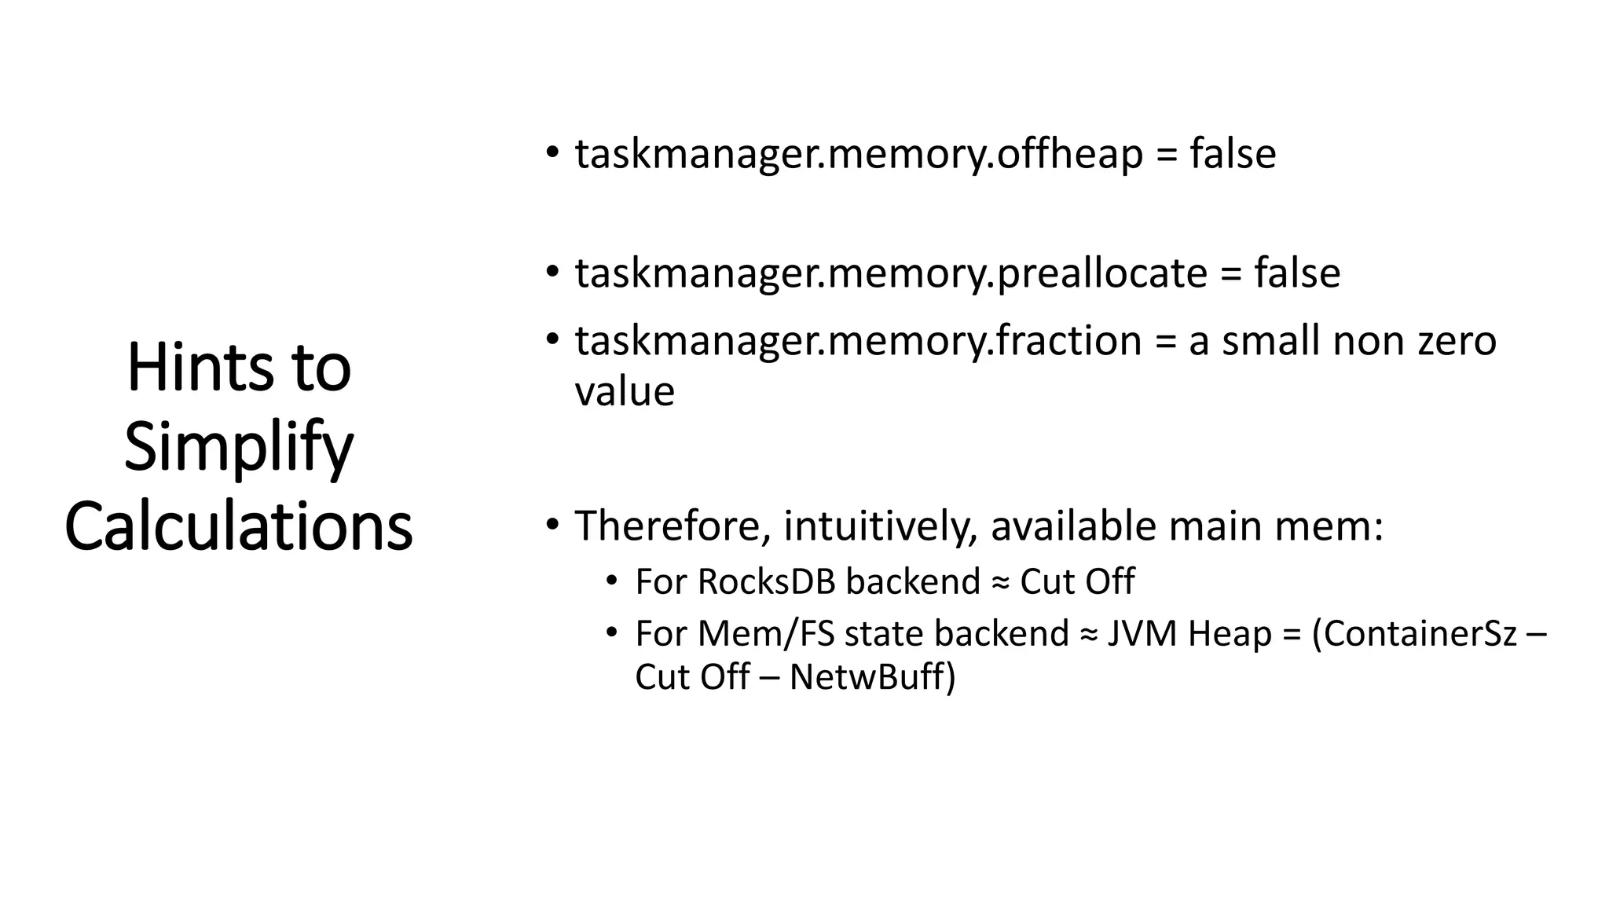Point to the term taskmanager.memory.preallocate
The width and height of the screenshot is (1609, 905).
pos(891,273)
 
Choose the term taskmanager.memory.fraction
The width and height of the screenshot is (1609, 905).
pos(859,341)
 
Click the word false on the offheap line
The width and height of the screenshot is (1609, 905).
pos(1233,154)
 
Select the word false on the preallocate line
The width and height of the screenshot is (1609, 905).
pos(1297,273)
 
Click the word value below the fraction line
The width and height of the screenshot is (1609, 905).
pos(625,391)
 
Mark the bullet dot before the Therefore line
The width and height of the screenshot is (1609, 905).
pos(553,523)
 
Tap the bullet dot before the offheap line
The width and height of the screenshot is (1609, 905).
pos(553,151)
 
